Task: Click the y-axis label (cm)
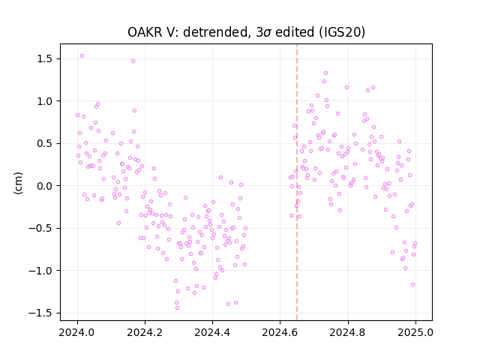coord(18,183)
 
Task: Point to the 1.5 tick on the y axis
coord(45,58)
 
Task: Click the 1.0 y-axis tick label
coord(45,101)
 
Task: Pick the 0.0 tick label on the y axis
coord(45,186)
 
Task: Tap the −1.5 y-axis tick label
coord(41,313)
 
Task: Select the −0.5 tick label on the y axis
coord(41,228)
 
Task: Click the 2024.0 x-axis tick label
coord(77,332)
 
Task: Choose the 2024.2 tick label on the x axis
coord(145,332)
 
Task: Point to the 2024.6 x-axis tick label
coord(280,332)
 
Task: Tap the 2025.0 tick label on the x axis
coord(415,332)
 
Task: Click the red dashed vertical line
coord(297,182)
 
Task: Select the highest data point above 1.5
coord(82,56)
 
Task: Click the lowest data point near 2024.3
coord(177,307)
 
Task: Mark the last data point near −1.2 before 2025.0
coord(412,284)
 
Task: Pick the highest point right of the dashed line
coord(325,73)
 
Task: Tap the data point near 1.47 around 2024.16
coord(133,61)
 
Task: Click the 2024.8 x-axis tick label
coord(348,332)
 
